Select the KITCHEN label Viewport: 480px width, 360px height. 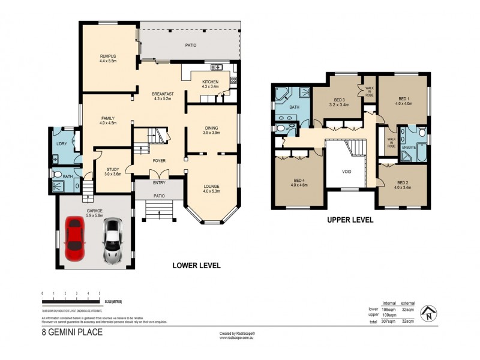point(210,82)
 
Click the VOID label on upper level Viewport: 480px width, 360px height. point(346,172)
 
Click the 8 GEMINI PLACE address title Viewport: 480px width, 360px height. point(71,331)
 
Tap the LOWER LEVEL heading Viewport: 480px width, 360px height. point(196,265)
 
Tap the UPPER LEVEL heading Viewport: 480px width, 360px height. point(350,220)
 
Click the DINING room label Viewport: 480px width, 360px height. point(212,127)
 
